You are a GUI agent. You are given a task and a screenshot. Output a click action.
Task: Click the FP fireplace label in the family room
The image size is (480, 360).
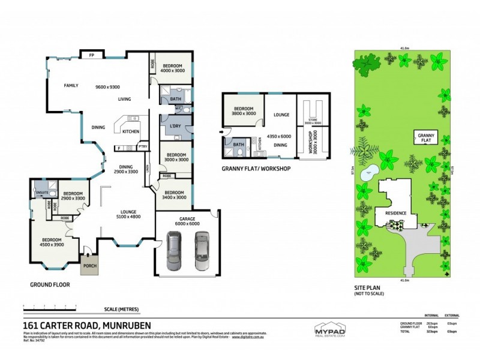[92, 55]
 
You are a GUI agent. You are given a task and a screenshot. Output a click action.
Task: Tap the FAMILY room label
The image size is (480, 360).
[71, 86]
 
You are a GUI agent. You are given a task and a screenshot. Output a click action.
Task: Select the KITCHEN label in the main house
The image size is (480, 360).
[131, 131]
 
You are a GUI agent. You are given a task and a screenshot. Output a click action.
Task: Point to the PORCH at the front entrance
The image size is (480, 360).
[89, 265]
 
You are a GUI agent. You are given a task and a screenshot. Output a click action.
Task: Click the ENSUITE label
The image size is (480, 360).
[42, 193]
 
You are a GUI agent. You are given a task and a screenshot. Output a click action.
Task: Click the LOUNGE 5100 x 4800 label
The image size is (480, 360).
[127, 214]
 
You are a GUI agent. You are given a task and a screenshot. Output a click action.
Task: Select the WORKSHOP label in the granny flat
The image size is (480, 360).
[311, 144]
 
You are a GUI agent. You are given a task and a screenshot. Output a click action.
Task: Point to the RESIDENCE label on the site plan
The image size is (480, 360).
[395, 213]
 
